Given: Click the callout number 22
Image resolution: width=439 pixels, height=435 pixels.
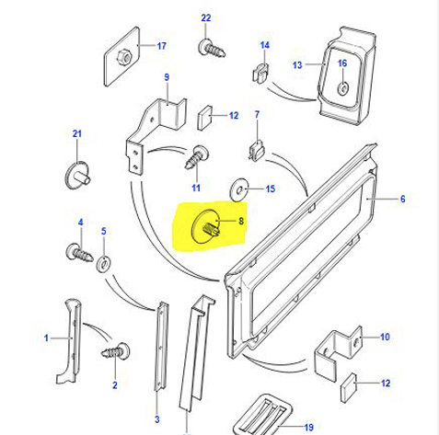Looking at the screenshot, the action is tap(206, 18).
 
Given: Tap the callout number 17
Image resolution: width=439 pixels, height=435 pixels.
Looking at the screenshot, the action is tap(162, 46).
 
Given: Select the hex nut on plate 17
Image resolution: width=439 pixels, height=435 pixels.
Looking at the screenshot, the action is tap(124, 57).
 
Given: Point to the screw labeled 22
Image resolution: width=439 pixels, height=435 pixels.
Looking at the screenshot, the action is tap(212, 49).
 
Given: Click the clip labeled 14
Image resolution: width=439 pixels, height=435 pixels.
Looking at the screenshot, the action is tap(260, 73).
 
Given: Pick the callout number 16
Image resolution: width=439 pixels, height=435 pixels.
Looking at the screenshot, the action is tap(342, 63).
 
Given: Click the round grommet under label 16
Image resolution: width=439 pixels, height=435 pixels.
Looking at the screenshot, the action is tap(343, 88).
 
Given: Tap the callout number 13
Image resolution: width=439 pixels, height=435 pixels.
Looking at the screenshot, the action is tap(297, 65).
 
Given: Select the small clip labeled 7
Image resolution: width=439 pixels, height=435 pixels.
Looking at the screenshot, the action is tap(257, 150).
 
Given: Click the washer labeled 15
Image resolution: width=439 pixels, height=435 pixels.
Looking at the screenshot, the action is tap(238, 189).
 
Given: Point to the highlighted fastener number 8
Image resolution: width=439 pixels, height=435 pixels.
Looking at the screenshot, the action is tap(205, 226).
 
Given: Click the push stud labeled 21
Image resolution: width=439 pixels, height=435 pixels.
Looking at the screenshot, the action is tap(77, 176).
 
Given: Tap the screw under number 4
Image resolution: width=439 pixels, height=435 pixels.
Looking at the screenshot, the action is tap(79, 253).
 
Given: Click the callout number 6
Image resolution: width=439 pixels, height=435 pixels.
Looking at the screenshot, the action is tap(403, 200).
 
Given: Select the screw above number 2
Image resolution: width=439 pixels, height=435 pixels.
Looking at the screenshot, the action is tap(116, 351).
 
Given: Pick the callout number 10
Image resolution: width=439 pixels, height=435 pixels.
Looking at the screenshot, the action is tap(385, 337).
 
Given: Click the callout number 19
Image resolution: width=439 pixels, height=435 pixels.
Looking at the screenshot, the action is tap(309, 427).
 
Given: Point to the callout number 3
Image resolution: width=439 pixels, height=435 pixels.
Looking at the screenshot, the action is tap(157, 419).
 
